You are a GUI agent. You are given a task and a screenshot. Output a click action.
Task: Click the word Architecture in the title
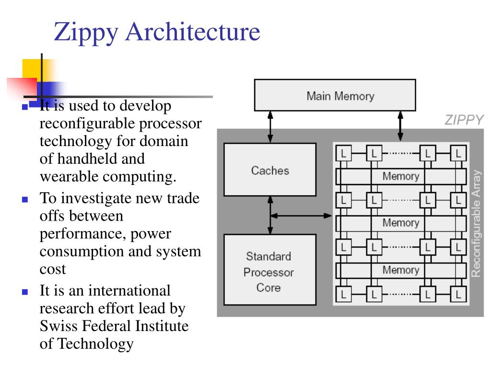point(193,31)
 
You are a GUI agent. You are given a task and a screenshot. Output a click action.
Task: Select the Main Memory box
point(335,95)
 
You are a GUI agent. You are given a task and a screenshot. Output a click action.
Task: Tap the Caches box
point(270,170)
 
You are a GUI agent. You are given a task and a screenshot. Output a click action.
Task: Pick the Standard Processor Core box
point(270,270)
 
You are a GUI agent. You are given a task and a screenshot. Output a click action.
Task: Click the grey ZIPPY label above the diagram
point(464,120)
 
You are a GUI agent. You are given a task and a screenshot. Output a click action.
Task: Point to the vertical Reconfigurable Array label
point(476,223)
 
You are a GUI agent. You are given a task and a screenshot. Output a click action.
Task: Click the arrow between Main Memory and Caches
point(270,127)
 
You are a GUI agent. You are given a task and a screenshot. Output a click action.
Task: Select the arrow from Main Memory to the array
point(400,126)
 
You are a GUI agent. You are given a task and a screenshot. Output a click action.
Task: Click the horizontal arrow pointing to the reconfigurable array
point(301,216)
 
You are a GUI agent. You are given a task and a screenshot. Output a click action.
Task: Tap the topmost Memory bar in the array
point(401,176)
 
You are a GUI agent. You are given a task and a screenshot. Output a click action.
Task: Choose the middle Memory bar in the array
point(401,223)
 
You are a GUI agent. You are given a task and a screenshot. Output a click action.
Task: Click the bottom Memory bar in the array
point(401,270)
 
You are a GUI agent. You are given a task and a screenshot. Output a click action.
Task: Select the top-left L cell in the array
point(343,153)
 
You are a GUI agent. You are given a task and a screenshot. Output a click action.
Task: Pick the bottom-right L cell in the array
point(458,295)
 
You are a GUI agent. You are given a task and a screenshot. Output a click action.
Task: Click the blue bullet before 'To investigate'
point(25,199)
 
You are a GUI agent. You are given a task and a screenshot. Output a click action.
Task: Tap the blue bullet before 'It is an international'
point(25,292)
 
